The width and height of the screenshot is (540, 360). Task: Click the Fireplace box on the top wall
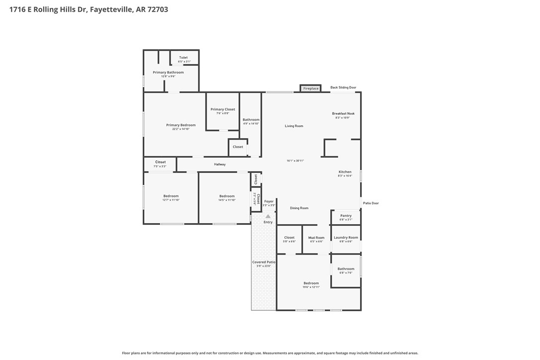311,89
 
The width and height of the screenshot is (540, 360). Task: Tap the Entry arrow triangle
268,216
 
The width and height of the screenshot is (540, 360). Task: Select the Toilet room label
183,58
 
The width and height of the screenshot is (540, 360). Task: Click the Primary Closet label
223,109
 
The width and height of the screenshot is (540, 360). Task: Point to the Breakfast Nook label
343,113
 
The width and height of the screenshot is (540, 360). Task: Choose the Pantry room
346,217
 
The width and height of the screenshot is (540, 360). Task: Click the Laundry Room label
346,238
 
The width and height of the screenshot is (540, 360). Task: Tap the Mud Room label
316,238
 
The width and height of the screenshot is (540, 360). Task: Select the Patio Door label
371,203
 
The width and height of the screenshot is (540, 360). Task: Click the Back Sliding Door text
343,88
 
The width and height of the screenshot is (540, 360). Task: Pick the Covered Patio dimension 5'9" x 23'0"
264,266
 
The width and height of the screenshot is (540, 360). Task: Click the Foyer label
269,201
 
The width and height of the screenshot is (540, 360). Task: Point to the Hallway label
220,164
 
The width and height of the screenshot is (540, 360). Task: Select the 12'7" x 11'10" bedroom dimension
171,200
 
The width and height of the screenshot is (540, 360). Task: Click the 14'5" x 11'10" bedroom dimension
227,200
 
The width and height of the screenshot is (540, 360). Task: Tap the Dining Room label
299,208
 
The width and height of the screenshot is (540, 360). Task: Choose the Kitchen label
345,172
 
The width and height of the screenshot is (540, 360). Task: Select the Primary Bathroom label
168,73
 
